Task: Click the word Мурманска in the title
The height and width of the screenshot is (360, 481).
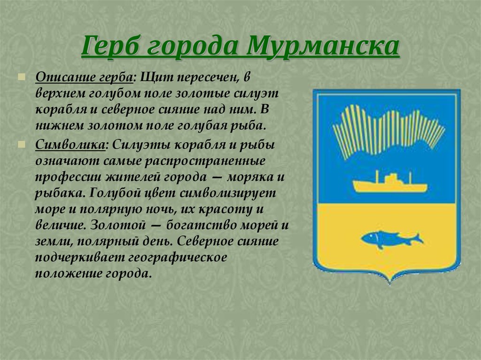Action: click(x=323, y=46)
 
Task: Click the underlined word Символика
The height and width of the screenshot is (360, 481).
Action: click(x=70, y=145)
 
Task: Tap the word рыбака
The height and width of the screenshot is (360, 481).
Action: click(x=61, y=193)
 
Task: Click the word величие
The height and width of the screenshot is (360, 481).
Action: click(x=60, y=225)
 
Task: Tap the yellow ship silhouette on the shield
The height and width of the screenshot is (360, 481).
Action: click(x=389, y=184)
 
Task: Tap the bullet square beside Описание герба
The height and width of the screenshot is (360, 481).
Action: click(x=21, y=77)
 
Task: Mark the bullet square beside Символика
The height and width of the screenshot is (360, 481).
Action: click(x=21, y=145)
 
